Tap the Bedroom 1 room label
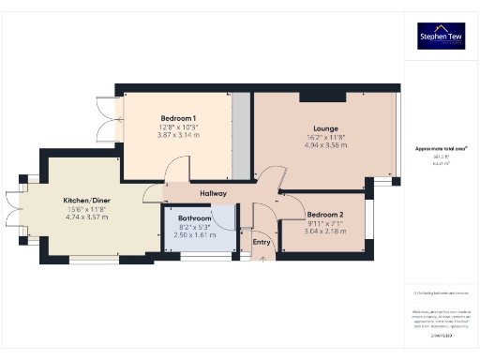(178, 116)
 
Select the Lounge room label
(326, 128)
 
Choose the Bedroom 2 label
(325, 215)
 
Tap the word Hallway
(216, 194)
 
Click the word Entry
(262, 242)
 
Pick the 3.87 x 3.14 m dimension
(178, 135)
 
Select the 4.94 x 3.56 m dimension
(326, 145)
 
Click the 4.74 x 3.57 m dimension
(87, 217)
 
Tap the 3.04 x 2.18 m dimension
(325, 232)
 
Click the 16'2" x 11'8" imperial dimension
(326, 137)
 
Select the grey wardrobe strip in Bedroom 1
(241, 135)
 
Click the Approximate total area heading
(441, 149)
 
